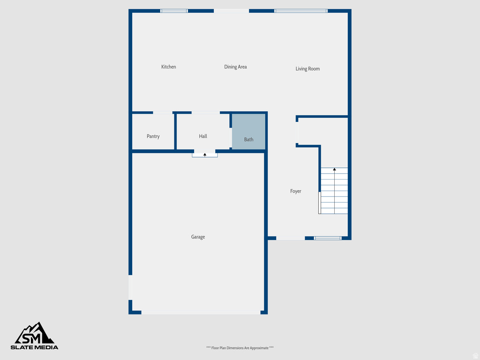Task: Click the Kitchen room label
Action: [169, 67]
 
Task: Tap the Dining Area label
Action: [235, 67]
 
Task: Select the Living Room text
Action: [307, 69]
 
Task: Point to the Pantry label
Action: [153, 136]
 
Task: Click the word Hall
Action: [203, 136]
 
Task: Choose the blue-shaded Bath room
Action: [249, 132]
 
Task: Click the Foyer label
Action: [296, 191]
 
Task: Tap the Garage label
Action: [198, 237]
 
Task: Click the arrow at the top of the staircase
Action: [334, 169]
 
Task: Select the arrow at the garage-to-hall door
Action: [205, 154]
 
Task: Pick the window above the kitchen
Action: [174, 11]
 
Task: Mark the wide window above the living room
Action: [300, 11]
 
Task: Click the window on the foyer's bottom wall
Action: [328, 238]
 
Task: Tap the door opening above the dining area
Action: [232, 11]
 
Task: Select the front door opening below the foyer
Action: [290, 238]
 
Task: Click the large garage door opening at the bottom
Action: [201, 312]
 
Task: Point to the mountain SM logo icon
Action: [35, 333]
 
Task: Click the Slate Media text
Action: [35, 347]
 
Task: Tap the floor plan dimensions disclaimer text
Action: [240, 348]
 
